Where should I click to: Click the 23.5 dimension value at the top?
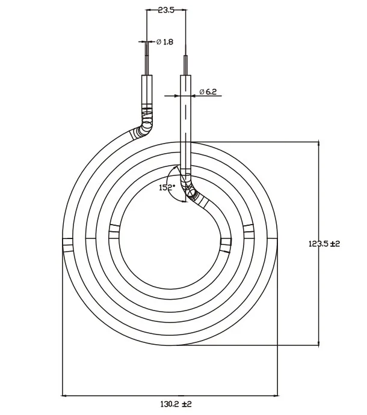[x=167, y=10]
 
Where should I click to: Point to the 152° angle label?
[x=167, y=187]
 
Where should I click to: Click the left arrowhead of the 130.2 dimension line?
[x=66, y=395]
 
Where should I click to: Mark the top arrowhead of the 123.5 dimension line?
[x=318, y=145]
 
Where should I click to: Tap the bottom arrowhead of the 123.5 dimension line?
[x=318, y=342]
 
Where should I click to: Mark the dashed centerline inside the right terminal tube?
[x=186, y=120]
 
